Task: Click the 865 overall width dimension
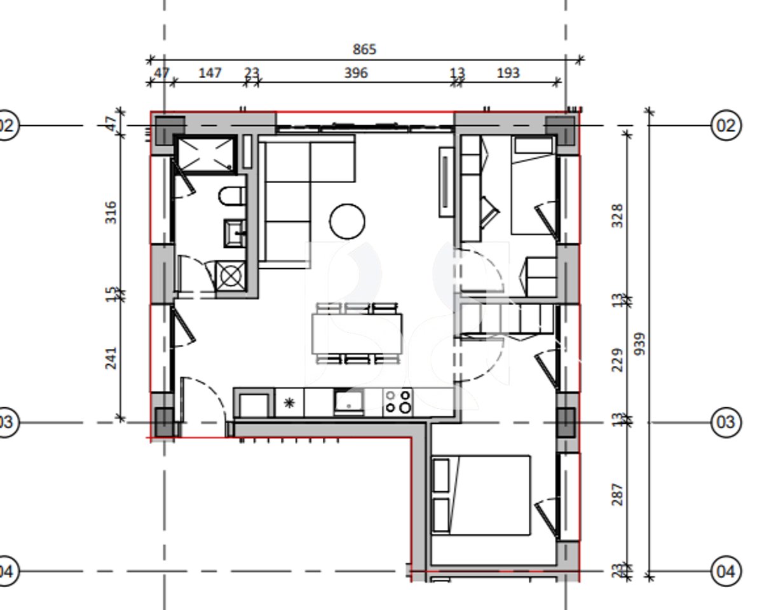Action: pyautogui.click(x=364, y=49)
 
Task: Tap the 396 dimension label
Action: pyautogui.click(x=356, y=73)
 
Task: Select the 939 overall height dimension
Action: pyautogui.click(x=640, y=344)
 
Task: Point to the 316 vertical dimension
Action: pyautogui.click(x=111, y=212)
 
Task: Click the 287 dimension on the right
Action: pyautogui.click(x=616, y=494)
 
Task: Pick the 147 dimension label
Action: pyautogui.click(x=210, y=73)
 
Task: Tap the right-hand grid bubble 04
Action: pyautogui.click(x=725, y=571)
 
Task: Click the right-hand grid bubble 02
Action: pyautogui.click(x=725, y=125)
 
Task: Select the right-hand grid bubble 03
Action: pyautogui.click(x=725, y=422)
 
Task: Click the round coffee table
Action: pyautogui.click(x=347, y=221)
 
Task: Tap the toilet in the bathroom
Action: pyautogui.click(x=232, y=196)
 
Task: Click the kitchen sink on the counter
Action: pyautogui.click(x=349, y=402)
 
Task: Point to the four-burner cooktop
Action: pyautogui.click(x=398, y=402)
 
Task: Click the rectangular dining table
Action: pyautogui.click(x=357, y=334)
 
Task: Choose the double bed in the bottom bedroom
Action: pyautogui.click(x=481, y=495)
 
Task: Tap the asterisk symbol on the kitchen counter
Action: pyautogui.click(x=289, y=402)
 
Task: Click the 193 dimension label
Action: pyautogui.click(x=507, y=73)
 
